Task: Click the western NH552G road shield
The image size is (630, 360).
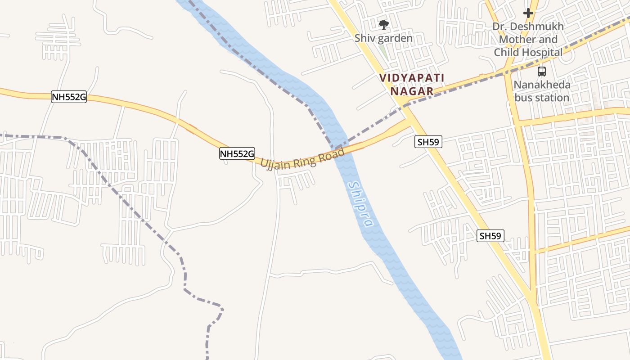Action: pos(68,97)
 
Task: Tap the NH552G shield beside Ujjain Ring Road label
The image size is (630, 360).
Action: pos(237,153)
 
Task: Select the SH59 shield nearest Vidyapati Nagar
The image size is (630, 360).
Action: pos(428,142)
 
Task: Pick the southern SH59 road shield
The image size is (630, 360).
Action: pos(490,235)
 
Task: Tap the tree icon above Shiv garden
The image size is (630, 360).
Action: pos(383,24)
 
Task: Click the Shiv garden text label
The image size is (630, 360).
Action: pos(383,38)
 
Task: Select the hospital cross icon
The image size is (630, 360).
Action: pos(528,13)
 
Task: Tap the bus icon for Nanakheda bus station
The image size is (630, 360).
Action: pos(542,71)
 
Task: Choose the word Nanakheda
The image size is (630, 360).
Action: pos(542,85)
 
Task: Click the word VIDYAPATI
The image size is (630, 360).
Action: pos(412,78)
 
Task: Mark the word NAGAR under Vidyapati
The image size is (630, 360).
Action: pos(412,91)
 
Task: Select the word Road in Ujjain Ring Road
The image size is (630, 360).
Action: pos(331,156)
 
